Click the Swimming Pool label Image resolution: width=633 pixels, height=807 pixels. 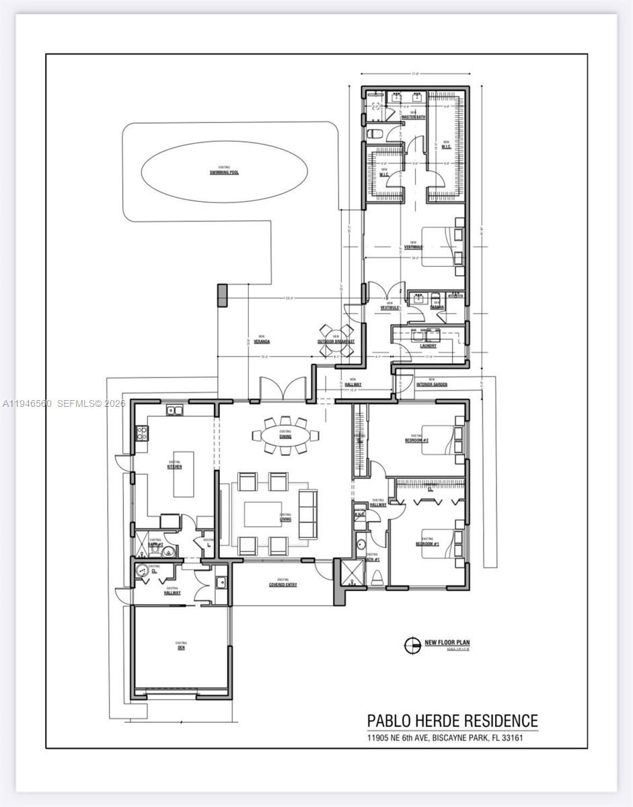tap(224, 172)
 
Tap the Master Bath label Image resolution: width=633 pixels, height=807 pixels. tap(413, 117)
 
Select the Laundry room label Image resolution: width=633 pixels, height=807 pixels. tap(429, 346)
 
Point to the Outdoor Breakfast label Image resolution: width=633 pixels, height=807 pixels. tap(336, 341)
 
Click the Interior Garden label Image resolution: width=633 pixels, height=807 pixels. tap(431, 385)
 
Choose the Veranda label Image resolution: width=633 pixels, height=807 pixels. tap(262, 341)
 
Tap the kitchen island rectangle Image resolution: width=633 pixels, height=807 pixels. tap(184, 473)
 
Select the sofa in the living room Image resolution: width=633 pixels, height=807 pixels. tap(307, 514)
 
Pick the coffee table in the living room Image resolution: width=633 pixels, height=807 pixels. tap(262, 514)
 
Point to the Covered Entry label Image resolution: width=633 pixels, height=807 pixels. tap(283, 584)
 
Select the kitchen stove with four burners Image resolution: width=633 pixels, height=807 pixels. tap(142, 434)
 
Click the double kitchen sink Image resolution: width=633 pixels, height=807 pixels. tap(176, 410)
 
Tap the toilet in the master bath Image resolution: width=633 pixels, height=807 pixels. tap(375, 133)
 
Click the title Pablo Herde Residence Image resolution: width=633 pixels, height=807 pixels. tap(452, 721)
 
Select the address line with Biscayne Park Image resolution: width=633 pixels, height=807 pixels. tap(445, 738)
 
